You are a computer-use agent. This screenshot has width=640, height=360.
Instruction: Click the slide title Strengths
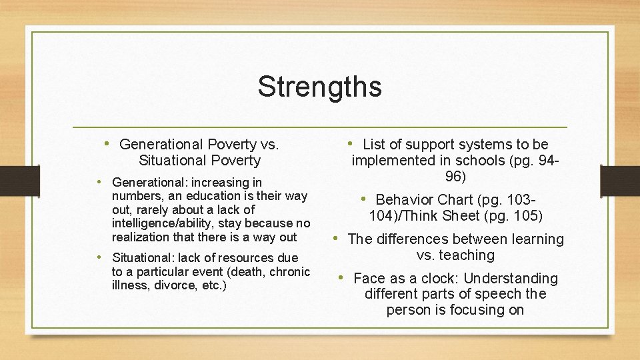pyautogui.click(x=319, y=87)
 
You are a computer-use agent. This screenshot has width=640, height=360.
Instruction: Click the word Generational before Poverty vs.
pyautogui.click(x=161, y=145)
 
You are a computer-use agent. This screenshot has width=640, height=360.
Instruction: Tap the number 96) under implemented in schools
pyautogui.click(x=455, y=177)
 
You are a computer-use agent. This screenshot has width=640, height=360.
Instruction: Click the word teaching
pyautogui.click(x=466, y=255)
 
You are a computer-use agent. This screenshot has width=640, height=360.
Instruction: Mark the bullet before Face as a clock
pyautogui.click(x=341, y=277)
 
